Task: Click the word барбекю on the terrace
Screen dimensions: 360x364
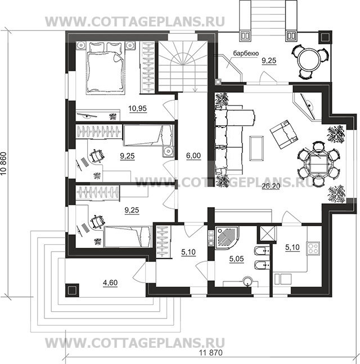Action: tap(246, 53)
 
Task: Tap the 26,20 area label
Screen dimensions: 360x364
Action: tap(271, 186)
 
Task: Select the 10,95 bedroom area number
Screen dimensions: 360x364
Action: tap(138, 108)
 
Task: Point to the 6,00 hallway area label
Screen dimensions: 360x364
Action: tap(193, 156)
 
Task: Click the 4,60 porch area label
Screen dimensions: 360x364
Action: tap(110, 283)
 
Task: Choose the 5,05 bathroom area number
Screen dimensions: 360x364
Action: tap(237, 258)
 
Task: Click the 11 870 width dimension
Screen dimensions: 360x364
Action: tap(211, 353)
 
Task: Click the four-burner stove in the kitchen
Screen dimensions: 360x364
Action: tap(313, 249)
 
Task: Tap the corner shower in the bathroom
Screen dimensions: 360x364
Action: tap(227, 238)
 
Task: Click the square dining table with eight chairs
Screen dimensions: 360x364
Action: tap(318, 163)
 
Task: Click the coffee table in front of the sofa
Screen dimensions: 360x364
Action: tap(256, 148)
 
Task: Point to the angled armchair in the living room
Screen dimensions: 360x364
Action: tap(284, 134)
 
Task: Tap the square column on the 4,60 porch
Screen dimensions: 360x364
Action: tap(72, 290)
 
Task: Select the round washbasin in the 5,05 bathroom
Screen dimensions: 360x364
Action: tap(247, 281)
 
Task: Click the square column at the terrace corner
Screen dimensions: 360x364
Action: tap(325, 37)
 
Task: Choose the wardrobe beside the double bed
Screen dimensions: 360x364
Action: tap(147, 67)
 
